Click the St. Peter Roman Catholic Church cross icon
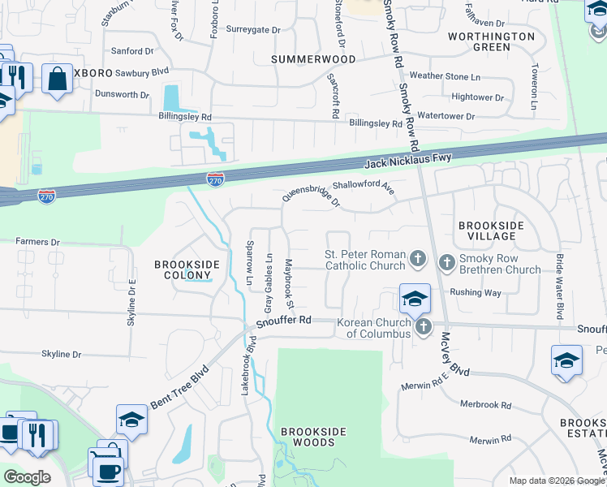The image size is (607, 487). pos(418,260)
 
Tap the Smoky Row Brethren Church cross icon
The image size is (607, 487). pos(447,262)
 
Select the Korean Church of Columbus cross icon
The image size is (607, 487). pos(423,327)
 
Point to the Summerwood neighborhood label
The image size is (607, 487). pos(313,59)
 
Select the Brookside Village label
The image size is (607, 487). pos(492,231)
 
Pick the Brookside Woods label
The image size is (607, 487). pos(308,437)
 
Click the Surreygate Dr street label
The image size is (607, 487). pos(252,29)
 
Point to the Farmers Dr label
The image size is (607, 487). pos(38,242)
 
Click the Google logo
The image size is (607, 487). pos(27,477)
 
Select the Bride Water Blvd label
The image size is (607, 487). pos(559,286)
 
